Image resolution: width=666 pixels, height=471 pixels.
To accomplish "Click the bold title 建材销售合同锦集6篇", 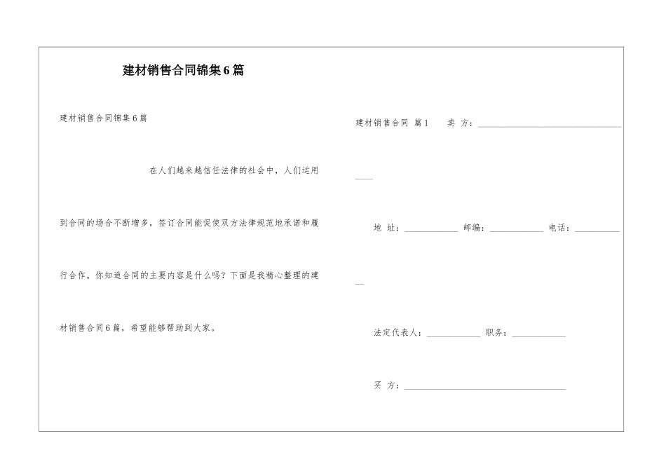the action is [x=184, y=71].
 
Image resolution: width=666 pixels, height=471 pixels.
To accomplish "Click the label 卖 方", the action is [x=459, y=123].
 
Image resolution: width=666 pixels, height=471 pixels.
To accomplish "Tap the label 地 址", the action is [x=386, y=228].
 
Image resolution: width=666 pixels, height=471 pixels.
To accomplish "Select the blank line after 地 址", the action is [x=431, y=231].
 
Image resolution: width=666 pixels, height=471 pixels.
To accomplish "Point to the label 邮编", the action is [x=473, y=228].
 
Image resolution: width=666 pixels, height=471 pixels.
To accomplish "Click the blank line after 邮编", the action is [x=516, y=231].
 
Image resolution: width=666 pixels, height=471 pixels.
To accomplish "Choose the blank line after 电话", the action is [x=597, y=231].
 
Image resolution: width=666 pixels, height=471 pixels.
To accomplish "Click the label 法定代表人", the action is [x=397, y=333].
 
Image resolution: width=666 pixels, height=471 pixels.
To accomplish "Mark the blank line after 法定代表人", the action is [x=454, y=336].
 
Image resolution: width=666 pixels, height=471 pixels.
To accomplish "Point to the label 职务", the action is [x=496, y=333].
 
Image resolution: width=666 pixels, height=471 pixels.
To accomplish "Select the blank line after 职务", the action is [x=538, y=336].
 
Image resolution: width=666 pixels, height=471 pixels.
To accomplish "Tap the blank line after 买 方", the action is [x=484, y=388].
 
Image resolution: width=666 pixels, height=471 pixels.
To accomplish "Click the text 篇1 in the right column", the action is [x=421, y=123].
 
